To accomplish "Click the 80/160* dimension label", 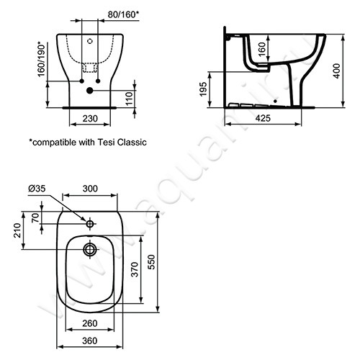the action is (x=123, y=15).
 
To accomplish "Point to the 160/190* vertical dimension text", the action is (x=41, y=59).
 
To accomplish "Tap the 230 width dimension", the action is (x=90, y=118).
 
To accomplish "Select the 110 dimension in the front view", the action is (x=130, y=99).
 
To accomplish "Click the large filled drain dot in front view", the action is (x=90, y=91).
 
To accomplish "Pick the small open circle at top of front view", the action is (x=90, y=41).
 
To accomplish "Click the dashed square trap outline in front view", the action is (x=90, y=68).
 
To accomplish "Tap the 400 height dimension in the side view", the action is (x=337, y=71).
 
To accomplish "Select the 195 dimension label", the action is (x=204, y=89).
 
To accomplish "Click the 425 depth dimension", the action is (x=263, y=118).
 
